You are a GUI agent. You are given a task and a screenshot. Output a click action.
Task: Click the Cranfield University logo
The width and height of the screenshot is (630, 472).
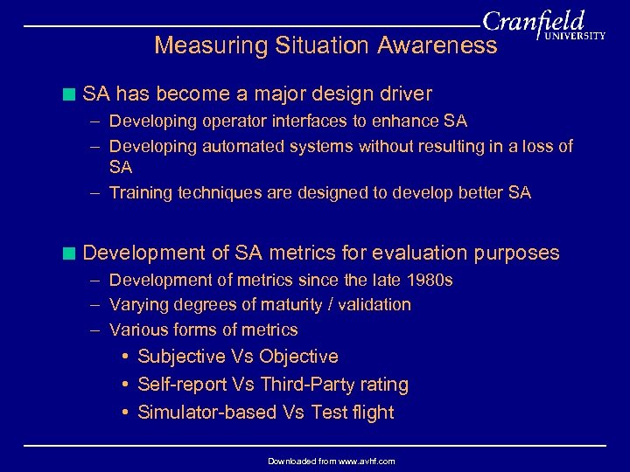tap(542, 27)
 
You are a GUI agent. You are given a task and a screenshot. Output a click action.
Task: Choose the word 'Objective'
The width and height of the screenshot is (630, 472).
tap(298, 357)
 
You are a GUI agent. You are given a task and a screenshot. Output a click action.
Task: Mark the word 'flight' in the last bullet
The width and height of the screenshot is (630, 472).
tap(374, 413)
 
